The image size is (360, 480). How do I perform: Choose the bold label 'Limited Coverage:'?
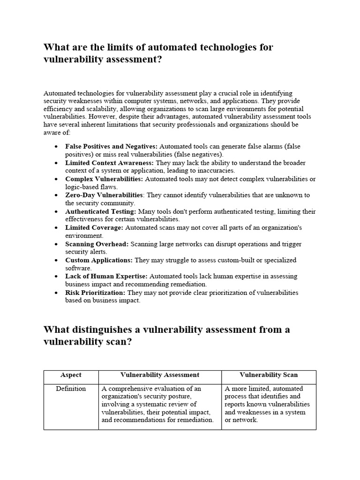[x=94, y=227]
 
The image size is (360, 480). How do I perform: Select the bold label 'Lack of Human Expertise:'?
[x=106, y=276]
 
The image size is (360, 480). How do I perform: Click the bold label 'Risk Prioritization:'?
[x=95, y=292]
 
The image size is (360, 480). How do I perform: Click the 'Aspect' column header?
[x=71, y=375]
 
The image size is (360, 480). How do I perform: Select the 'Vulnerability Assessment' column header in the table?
[x=160, y=375]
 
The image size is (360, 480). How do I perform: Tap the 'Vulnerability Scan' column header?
[x=269, y=375]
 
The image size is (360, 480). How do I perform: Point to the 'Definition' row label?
[x=71, y=389]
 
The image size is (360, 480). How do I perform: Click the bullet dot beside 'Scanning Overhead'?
[x=56, y=244]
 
